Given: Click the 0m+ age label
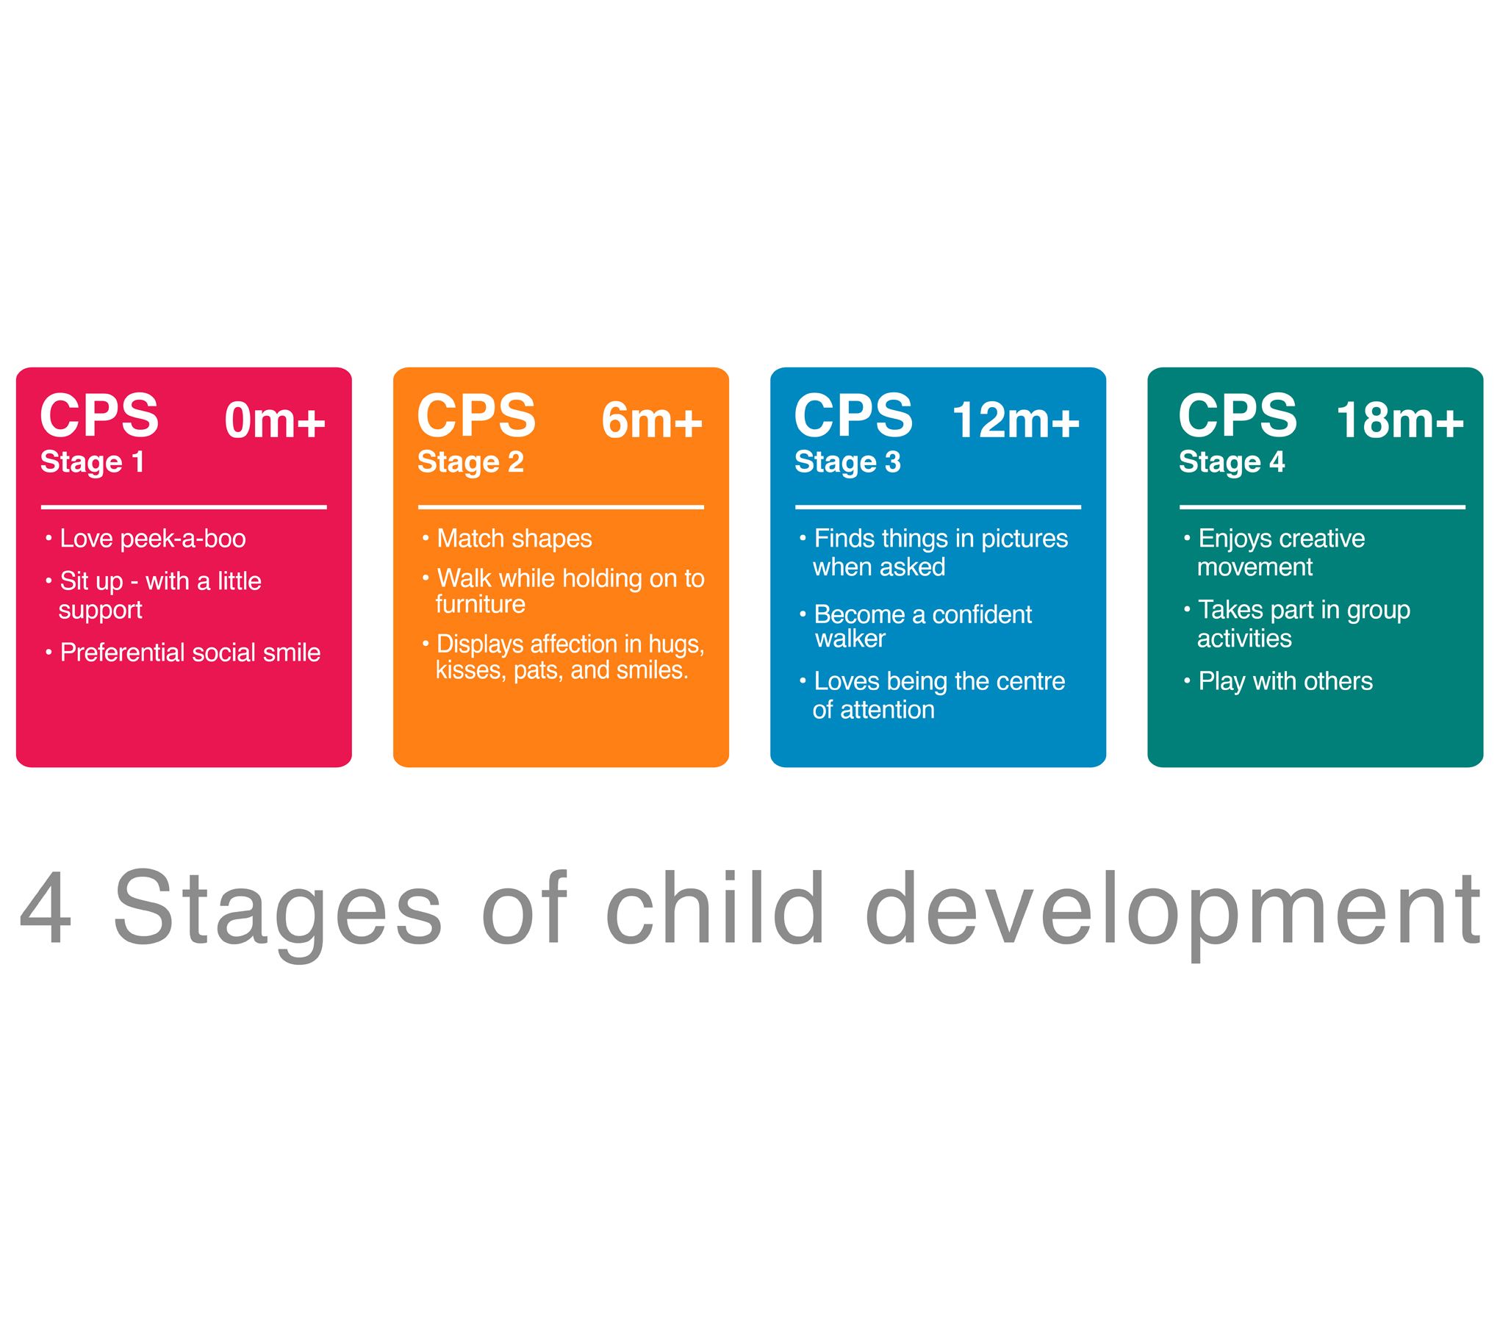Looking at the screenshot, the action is click(275, 420).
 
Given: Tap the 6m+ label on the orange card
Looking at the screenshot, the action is click(652, 420).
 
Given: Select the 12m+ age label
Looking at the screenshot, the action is click(1016, 420).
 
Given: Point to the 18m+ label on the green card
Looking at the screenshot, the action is click(1400, 420).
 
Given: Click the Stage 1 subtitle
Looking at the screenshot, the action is click(92, 463).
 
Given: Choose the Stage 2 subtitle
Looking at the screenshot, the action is click(470, 463).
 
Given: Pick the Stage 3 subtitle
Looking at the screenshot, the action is click(847, 463).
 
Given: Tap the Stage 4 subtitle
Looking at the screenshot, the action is click(1232, 463).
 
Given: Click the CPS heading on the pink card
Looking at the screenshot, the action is click(99, 415).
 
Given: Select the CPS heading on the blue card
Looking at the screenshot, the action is click(853, 415).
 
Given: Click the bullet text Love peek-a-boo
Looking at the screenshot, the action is click(153, 539).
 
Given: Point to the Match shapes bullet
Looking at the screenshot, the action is click(514, 539).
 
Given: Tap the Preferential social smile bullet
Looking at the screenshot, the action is click(190, 653).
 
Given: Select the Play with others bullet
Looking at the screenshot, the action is click(1285, 682).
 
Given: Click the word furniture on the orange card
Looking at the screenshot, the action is click(481, 604).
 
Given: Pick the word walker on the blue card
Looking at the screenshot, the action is click(850, 639).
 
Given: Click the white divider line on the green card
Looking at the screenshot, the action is click(1322, 507).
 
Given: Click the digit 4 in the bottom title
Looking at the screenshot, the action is click(46, 908).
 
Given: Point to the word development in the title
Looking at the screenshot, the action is click(1173, 915).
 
